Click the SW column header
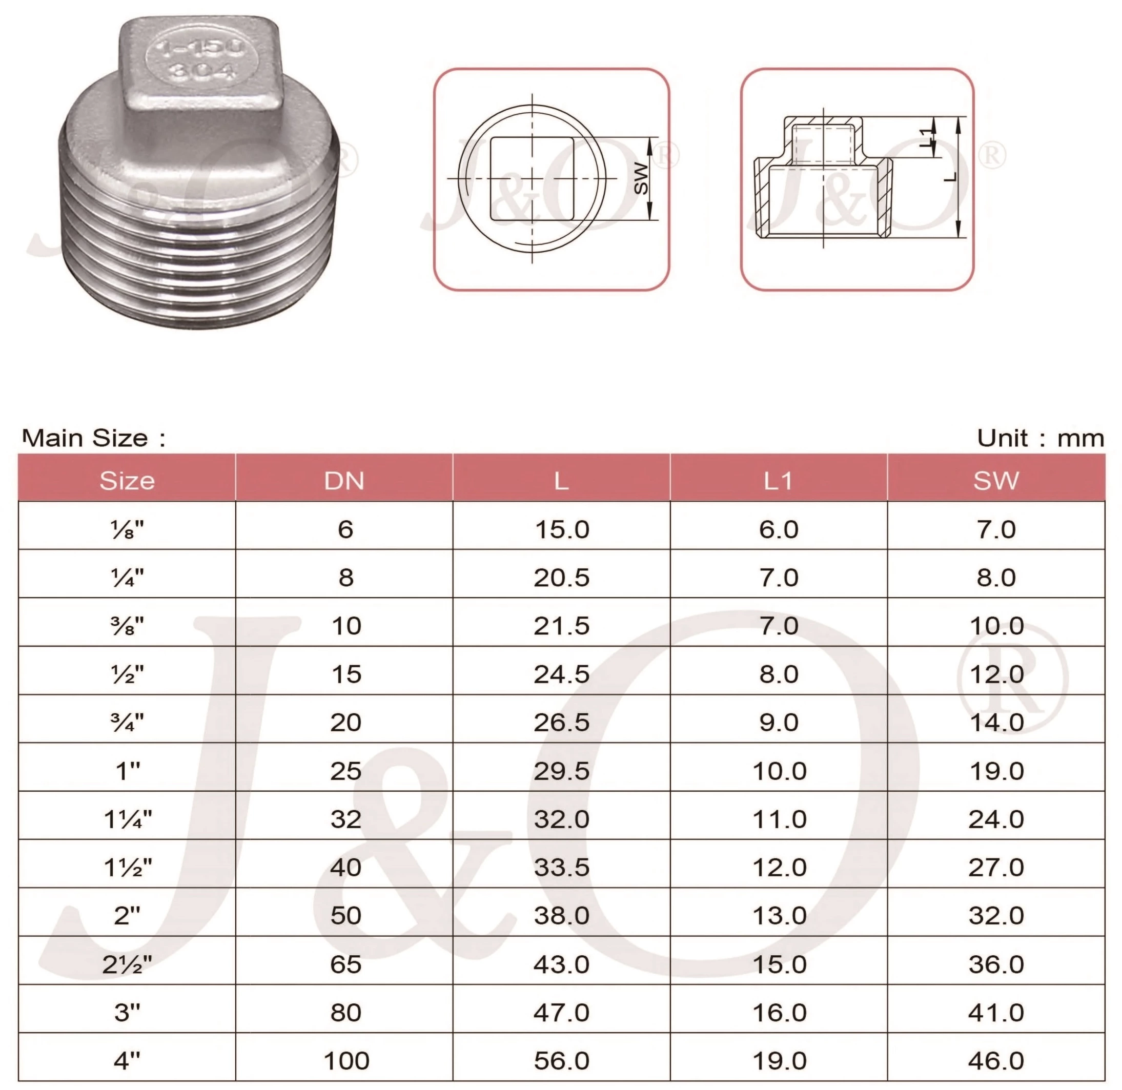pos(995,480)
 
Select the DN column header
pos(344,480)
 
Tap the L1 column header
pos(779,480)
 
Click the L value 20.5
pos(562,577)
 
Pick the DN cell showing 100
pos(346,1061)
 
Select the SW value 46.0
pos(995,1061)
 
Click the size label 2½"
pos(127,964)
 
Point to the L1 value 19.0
pos(779,1061)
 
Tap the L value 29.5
pos(562,771)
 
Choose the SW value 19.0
pos(996,771)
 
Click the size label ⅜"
pos(127,626)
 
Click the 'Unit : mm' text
pos(1040,439)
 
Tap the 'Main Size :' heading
pos(93,439)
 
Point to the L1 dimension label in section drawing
pos(926,137)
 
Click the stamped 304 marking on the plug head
pos(202,72)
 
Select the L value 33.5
pos(562,867)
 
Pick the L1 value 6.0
pos(779,529)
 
